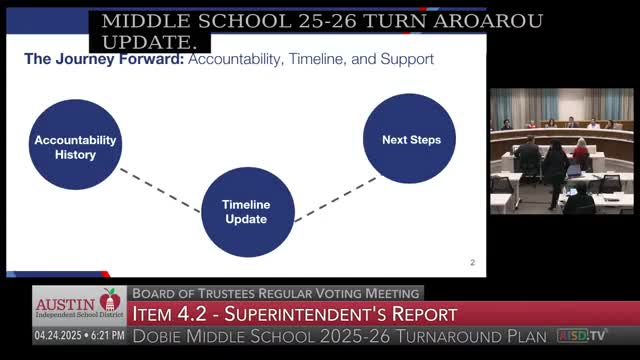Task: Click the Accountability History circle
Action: pos(75,144)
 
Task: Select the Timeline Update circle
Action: pos(248,212)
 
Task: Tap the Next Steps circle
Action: pos(409,138)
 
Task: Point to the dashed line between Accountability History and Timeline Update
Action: pos(160,190)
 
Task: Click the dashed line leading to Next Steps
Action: pos(336,200)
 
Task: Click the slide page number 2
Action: pos(472,262)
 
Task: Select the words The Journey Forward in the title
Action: pos(104,59)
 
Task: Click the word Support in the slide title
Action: pos(407,59)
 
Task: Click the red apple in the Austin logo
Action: pos(110,300)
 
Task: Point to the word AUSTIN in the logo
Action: pos(65,304)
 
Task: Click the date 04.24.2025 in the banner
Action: pos(58,336)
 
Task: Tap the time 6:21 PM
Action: pos(108,336)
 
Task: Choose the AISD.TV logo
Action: pos(581,336)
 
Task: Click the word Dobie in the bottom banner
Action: pos(157,336)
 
